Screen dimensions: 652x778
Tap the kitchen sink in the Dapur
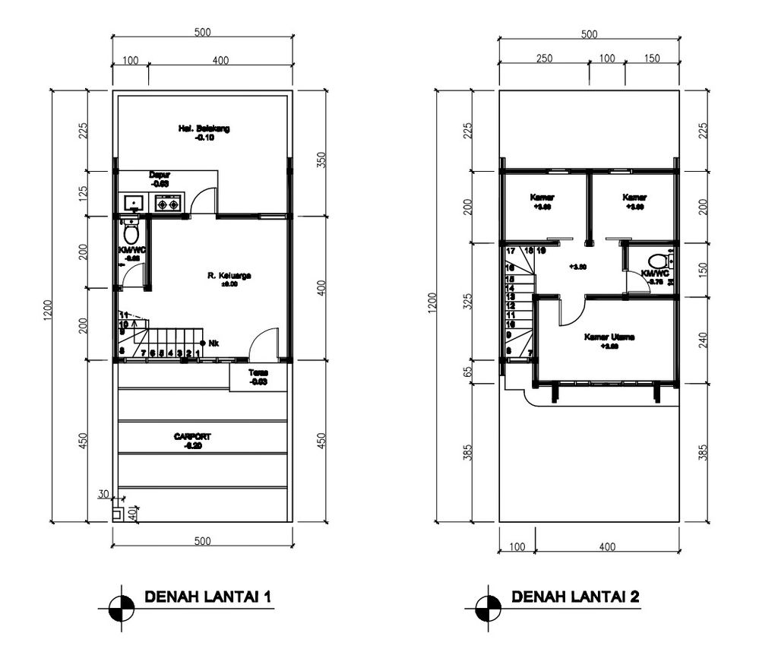pyautogui.click(x=134, y=204)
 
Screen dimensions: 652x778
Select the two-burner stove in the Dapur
pyautogui.click(x=168, y=204)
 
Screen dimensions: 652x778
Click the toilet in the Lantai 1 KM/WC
pyautogui.click(x=131, y=232)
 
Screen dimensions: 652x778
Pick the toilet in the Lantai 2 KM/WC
pyautogui.click(x=658, y=259)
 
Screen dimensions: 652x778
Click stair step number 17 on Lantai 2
pyautogui.click(x=511, y=251)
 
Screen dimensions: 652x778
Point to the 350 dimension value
pyautogui.click(x=321, y=160)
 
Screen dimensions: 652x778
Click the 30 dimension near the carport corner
pyautogui.click(x=103, y=494)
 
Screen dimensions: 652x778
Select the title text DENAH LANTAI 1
pyautogui.click(x=207, y=597)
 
